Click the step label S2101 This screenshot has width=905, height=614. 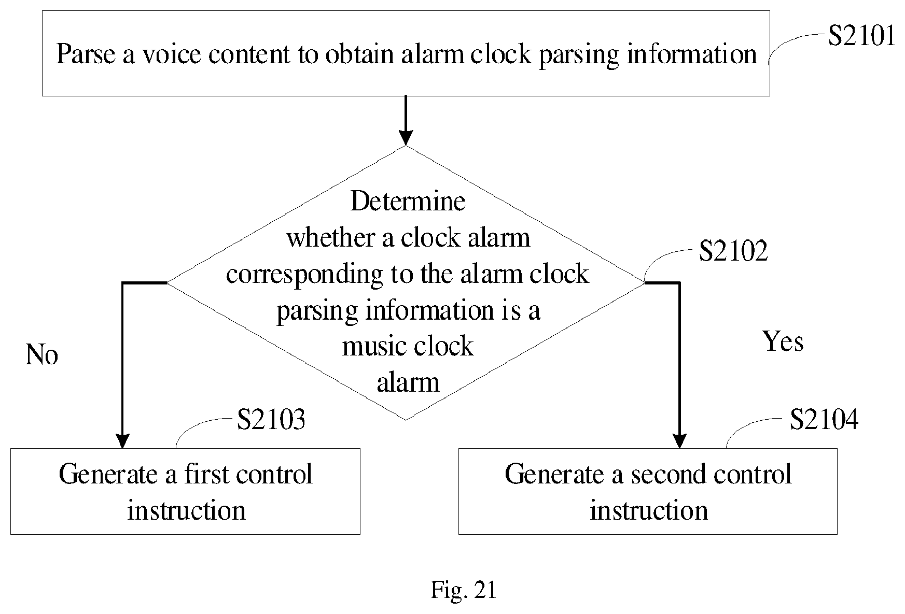click(x=861, y=36)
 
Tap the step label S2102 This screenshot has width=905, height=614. click(x=733, y=251)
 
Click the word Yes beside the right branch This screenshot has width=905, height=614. click(x=783, y=341)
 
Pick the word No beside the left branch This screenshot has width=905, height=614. click(x=41, y=355)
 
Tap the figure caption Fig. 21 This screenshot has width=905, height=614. click(x=464, y=590)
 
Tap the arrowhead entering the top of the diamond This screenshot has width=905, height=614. click(x=406, y=138)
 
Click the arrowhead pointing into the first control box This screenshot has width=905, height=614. click(x=122, y=441)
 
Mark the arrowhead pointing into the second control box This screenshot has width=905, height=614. click(x=679, y=441)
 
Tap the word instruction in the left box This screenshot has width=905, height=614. click(x=186, y=510)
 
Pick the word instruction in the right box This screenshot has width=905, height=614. click(x=649, y=510)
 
